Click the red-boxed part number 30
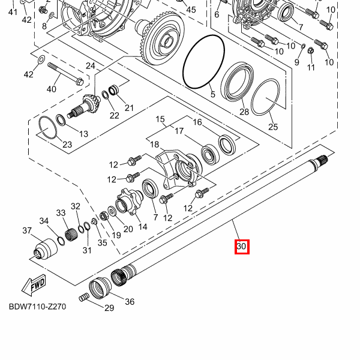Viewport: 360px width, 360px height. click(242, 247)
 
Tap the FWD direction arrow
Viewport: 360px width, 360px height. click(34, 284)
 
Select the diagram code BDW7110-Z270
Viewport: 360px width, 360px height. click(37, 307)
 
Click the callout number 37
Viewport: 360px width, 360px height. click(27, 230)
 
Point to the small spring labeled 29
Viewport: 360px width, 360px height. click(84, 298)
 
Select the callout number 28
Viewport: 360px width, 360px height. click(244, 112)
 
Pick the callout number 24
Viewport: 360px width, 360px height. click(91, 66)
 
